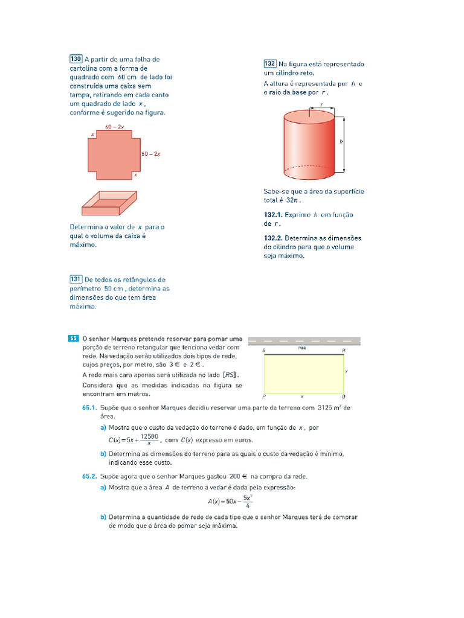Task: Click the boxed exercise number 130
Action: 76,59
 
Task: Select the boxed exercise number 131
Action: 76,279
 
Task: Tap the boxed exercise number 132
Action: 270,63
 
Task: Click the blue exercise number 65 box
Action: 73,339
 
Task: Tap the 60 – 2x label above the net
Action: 115,127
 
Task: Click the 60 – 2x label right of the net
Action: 150,154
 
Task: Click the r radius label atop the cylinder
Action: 322,104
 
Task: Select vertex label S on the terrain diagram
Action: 263,351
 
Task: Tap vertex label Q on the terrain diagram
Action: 343,397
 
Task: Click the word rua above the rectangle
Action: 302,348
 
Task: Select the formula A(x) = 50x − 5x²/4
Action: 230,501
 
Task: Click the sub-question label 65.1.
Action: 90,407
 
